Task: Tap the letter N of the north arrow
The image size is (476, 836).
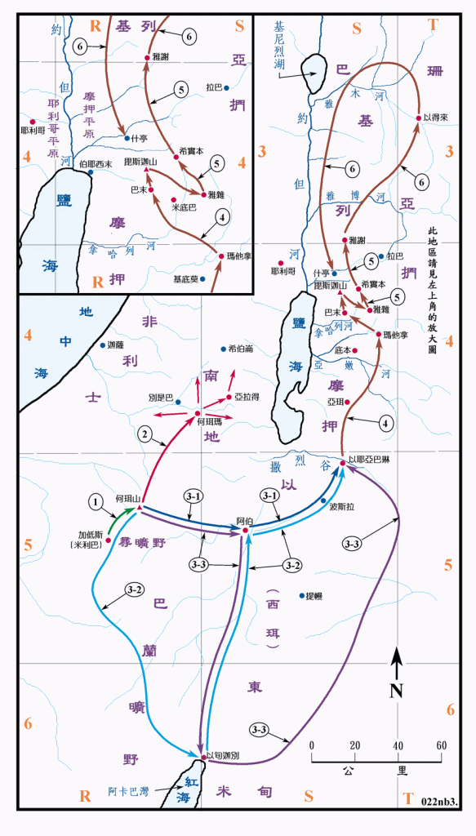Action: pos(396,690)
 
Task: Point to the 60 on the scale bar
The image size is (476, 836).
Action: pos(441,745)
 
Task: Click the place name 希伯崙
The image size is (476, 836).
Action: pos(242,349)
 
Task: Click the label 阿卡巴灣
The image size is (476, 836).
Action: pos(127,791)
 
